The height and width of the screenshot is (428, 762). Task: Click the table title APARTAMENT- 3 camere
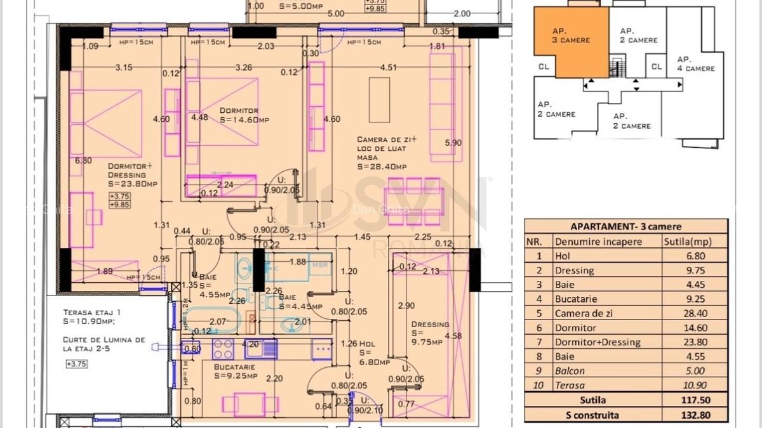[625, 226]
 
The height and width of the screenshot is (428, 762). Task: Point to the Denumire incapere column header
[598, 242]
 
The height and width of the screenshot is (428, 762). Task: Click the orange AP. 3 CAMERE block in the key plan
[570, 41]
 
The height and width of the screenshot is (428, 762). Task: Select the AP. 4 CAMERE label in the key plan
[695, 63]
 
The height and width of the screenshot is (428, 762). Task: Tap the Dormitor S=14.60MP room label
[239, 115]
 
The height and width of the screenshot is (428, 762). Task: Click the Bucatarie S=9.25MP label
[234, 372]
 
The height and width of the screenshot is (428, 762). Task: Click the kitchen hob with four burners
[223, 349]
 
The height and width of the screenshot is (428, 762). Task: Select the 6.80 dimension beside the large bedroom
[83, 160]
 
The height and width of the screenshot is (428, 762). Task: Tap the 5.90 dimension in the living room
[453, 143]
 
